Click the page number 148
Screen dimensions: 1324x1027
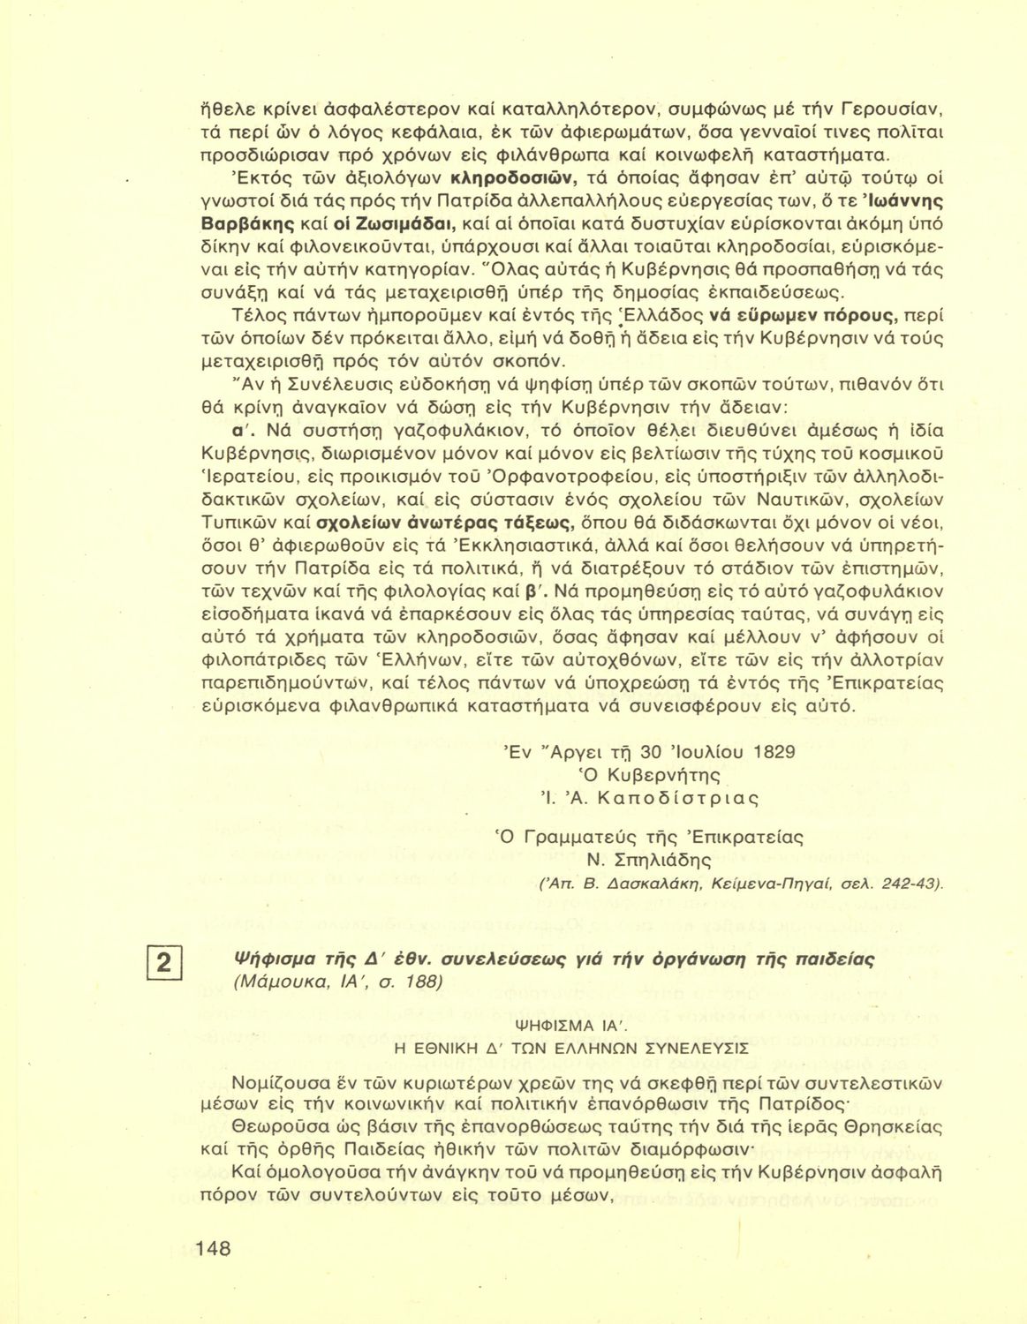212,1248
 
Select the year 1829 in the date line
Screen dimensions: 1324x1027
774,752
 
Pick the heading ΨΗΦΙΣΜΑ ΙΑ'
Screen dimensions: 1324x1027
571,1025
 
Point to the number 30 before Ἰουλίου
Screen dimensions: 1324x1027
651,752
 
